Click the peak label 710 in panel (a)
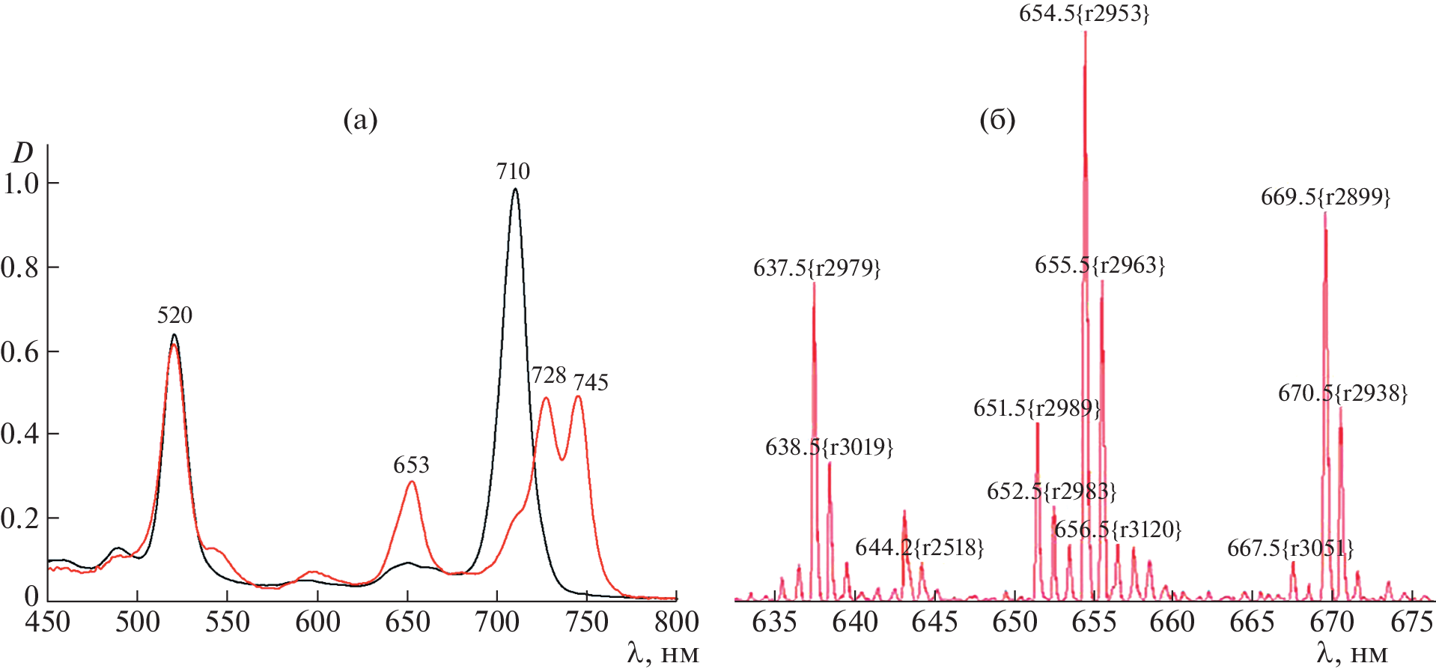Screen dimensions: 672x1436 [x=513, y=172]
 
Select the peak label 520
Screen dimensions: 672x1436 [x=174, y=315]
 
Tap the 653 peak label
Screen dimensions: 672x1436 [x=411, y=465]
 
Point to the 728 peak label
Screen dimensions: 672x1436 [x=549, y=375]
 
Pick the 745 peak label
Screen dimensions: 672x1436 [x=591, y=383]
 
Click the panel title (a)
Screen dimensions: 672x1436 [x=360, y=120]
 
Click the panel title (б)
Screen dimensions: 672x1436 [x=997, y=120]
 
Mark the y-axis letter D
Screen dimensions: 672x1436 [x=23, y=153]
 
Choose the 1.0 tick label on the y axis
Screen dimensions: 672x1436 [x=21, y=184]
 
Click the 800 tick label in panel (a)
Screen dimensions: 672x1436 [x=676, y=623]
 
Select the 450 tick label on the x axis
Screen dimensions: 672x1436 [x=48, y=623]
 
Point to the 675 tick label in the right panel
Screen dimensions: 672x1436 [x=1411, y=623]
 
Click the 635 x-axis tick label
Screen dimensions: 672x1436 [x=774, y=623]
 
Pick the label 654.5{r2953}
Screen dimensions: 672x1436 [x=1084, y=13]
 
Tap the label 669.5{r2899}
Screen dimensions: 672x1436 [x=1325, y=197]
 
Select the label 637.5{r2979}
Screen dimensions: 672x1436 [x=817, y=268]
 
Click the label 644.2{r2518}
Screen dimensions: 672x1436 [x=919, y=548]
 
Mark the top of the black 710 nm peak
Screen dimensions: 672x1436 [x=514, y=189]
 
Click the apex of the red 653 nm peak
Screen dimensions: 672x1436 [x=412, y=482]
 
